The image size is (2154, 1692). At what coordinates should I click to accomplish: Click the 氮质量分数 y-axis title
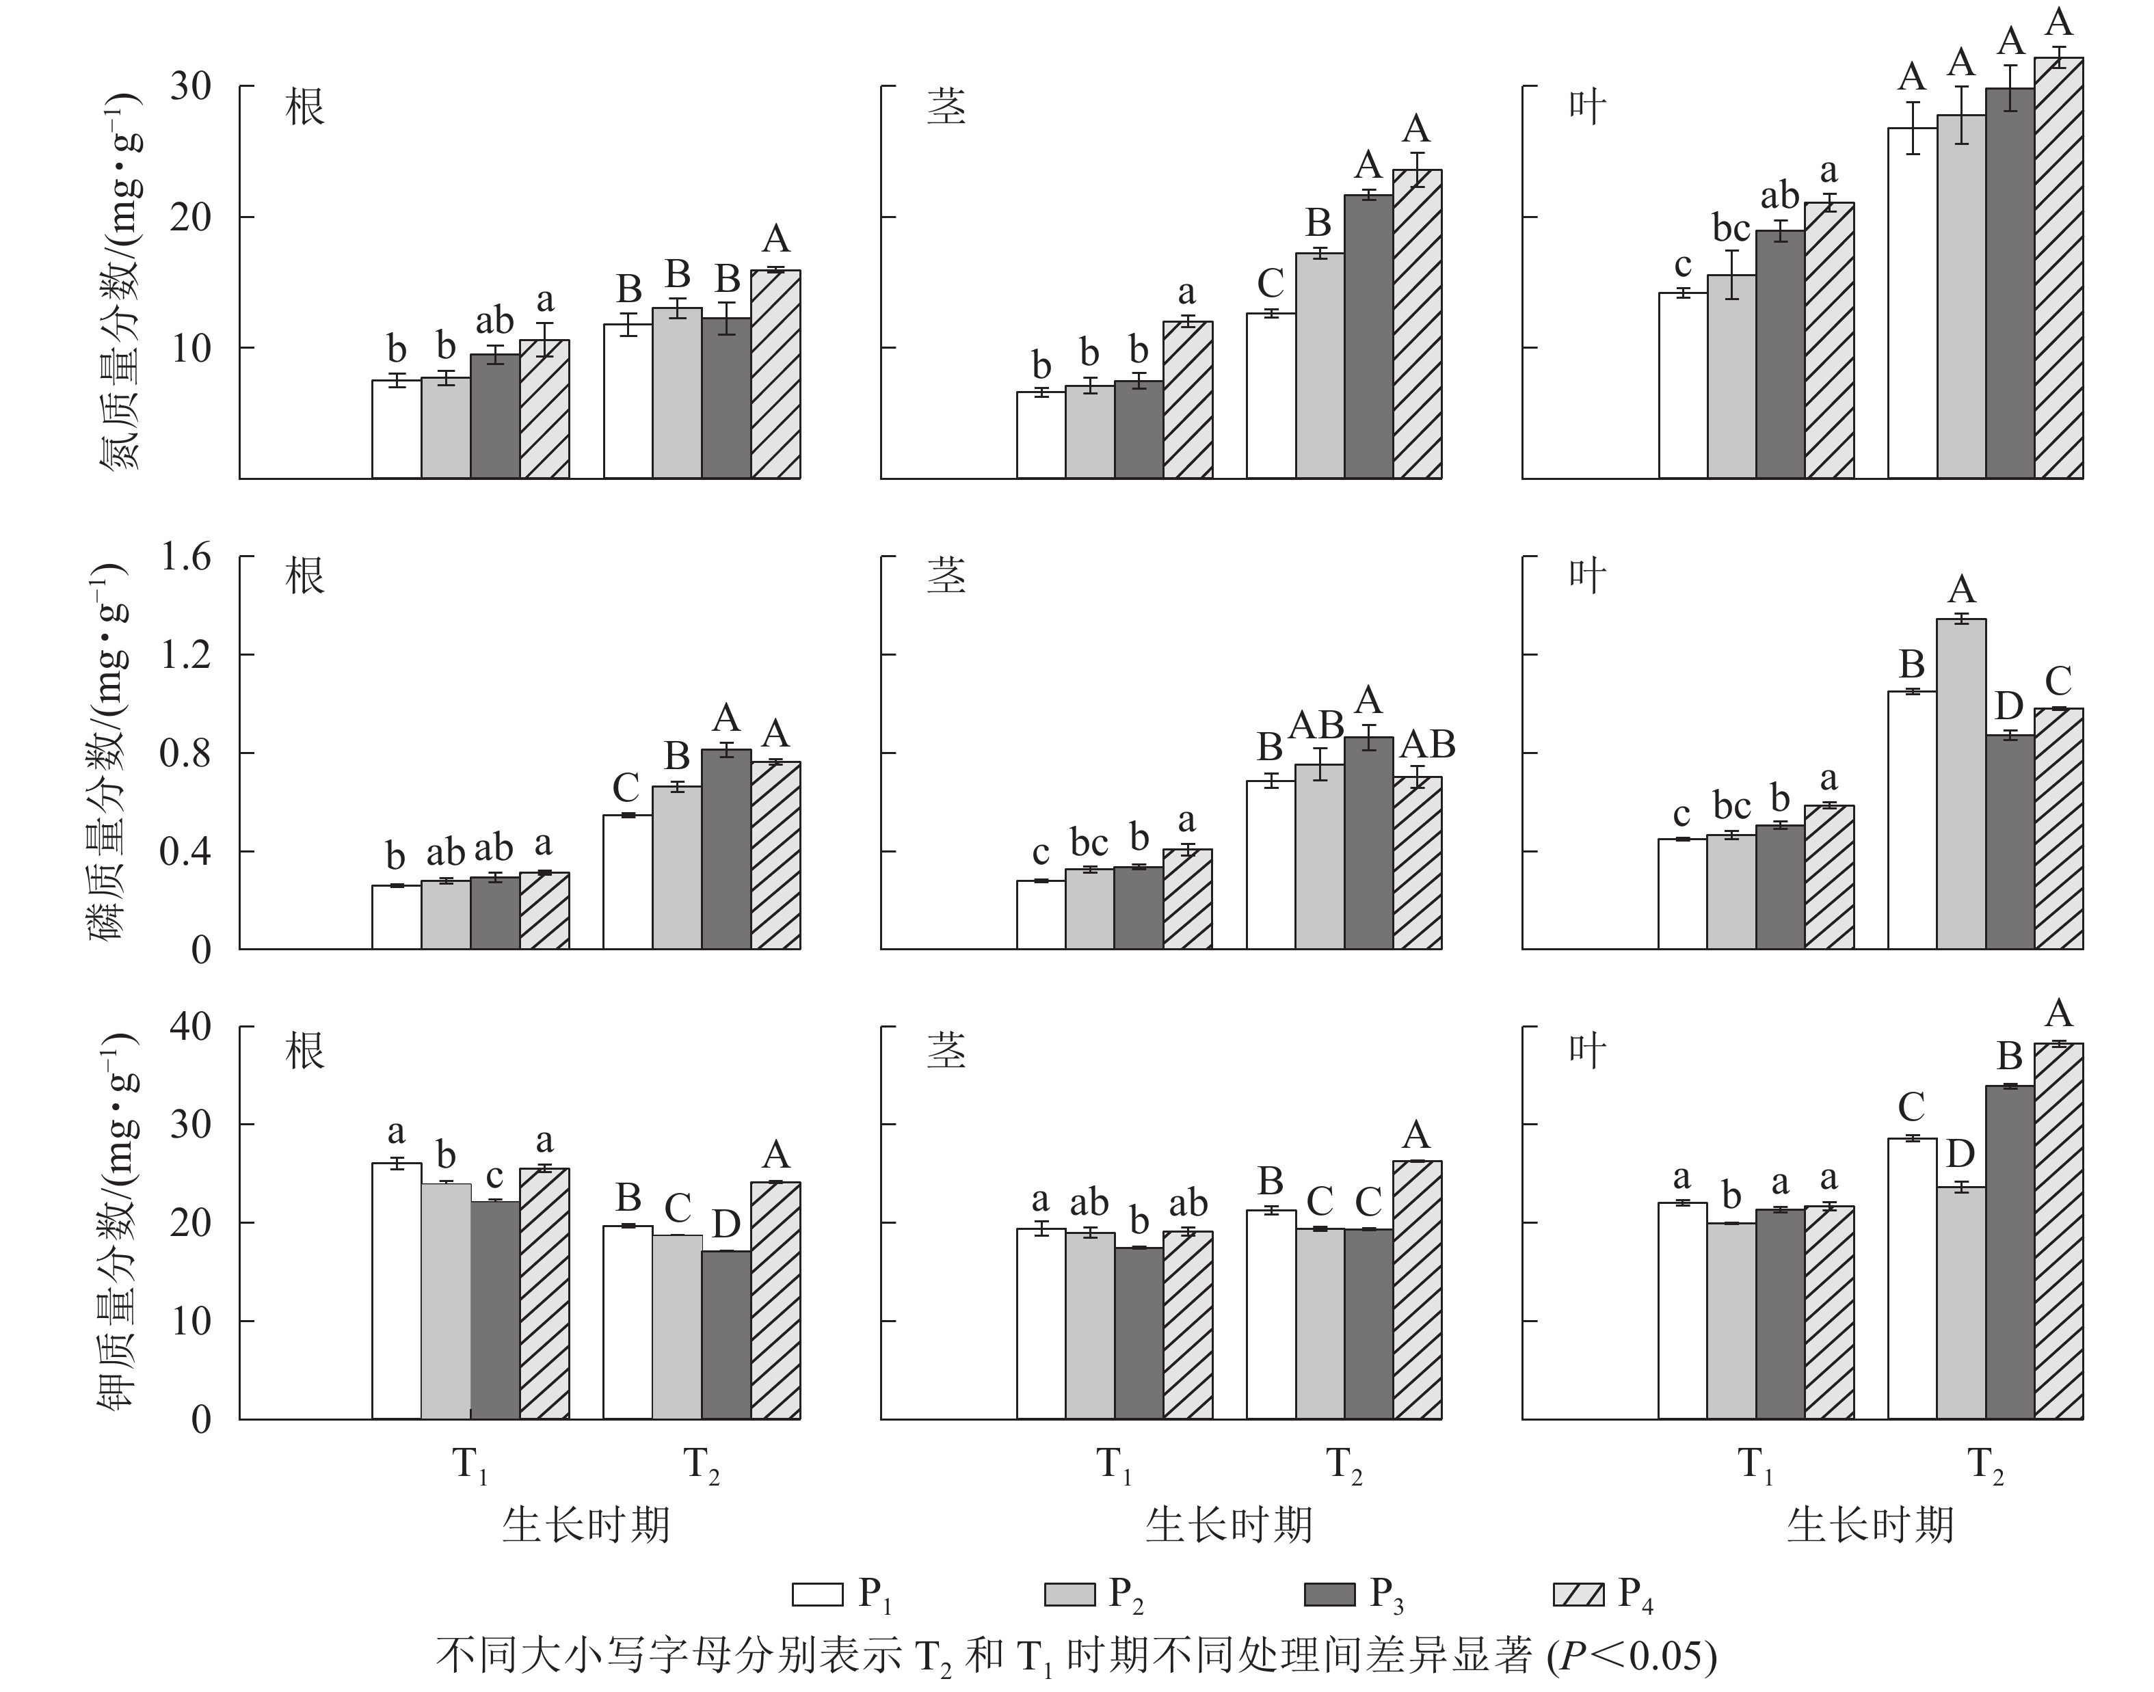(121, 282)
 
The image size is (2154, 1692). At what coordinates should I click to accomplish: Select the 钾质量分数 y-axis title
(121, 1224)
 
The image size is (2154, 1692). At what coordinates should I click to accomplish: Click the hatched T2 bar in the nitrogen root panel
(776, 375)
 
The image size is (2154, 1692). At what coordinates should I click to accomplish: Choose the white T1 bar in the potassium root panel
(397, 1291)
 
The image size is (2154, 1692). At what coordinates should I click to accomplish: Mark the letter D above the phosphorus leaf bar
(2008, 706)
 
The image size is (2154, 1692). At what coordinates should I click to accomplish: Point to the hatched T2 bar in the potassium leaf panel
(2059, 1231)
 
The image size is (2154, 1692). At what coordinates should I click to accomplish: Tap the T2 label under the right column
(1986, 1465)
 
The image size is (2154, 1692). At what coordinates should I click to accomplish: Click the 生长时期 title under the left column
(585, 1526)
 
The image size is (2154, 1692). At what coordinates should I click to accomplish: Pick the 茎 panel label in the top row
(946, 107)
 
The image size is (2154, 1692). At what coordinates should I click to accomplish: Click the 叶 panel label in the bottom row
(1586, 1049)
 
